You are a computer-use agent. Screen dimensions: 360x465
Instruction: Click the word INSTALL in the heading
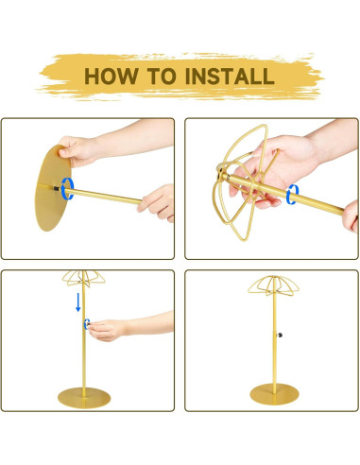coord(230,77)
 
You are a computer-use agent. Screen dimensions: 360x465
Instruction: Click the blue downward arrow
coord(78,302)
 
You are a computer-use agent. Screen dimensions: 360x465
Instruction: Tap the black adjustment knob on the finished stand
coord(280,335)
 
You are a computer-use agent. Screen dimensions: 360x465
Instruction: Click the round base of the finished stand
coord(274,394)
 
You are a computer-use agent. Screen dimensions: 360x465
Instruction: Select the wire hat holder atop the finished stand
coord(273,286)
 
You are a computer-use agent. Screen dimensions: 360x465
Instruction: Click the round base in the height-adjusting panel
coord(84,398)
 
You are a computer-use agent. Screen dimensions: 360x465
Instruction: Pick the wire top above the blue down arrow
coord(83,278)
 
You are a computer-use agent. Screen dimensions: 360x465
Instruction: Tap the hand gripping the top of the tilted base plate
coord(78,150)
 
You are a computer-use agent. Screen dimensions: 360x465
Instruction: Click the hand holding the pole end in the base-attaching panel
coord(157,203)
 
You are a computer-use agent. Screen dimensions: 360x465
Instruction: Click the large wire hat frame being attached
coord(242,182)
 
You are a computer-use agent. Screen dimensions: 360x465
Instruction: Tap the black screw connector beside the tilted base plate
coord(57,188)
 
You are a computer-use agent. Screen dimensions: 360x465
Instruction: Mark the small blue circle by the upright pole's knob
coord(85,324)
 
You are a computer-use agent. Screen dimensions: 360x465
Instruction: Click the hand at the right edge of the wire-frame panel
coord(351,215)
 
